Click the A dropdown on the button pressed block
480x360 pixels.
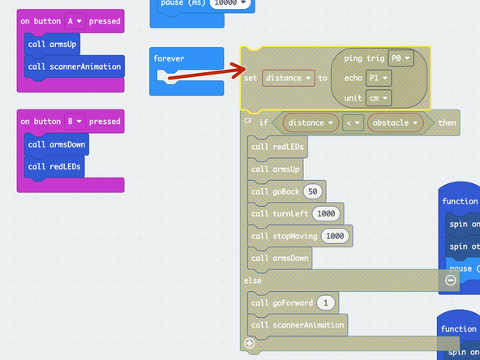pos(75,21)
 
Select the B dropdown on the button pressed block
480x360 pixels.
pos(75,122)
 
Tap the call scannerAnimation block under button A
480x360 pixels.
pos(74,66)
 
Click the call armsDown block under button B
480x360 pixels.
pos(57,145)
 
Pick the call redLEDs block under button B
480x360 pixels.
pos(54,167)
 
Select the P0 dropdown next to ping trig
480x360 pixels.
pos(399,58)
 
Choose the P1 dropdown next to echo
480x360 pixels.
pos(377,78)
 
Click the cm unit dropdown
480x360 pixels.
pos(378,97)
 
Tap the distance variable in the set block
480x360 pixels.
pos(288,78)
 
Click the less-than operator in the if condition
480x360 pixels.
pos(352,123)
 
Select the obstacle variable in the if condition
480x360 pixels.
pos(395,123)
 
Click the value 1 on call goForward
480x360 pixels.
pos(325,302)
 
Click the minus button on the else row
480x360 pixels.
pos(451,280)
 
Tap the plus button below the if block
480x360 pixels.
pos(250,343)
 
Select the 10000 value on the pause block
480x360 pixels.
pos(229,3)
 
